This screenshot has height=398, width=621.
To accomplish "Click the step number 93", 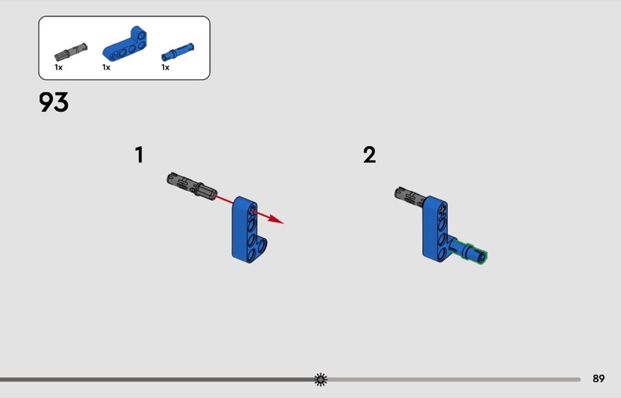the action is tap(54, 102).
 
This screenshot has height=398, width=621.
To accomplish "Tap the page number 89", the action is tap(598, 379).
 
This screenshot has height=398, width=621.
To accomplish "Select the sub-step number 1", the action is tap(139, 155).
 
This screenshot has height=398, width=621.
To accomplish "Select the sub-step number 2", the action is tap(369, 155).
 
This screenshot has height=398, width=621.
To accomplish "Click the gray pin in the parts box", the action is tap(71, 51).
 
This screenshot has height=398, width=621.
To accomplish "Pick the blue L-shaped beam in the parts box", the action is tap(124, 44).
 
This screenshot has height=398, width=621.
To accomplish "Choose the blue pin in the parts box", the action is tap(178, 52).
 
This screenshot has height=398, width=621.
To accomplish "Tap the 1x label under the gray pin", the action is tap(59, 67).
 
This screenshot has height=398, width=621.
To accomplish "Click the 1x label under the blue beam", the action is tap(106, 67).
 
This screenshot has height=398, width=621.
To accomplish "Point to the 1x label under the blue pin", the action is tap(165, 67).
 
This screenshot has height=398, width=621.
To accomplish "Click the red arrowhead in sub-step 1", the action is tap(276, 219).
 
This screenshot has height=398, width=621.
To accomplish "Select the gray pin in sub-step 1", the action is tap(192, 185).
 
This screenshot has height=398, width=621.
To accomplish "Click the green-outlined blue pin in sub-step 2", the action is tap(467, 251).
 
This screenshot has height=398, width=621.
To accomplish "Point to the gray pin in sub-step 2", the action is tap(410, 196).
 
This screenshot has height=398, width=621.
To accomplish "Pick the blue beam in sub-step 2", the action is tap(435, 229).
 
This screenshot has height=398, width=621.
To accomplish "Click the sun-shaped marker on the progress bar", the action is tap(321, 379).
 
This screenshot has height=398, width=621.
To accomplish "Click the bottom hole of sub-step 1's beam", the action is tap(251, 254).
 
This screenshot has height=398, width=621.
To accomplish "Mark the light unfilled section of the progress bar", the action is tap(454, 379).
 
